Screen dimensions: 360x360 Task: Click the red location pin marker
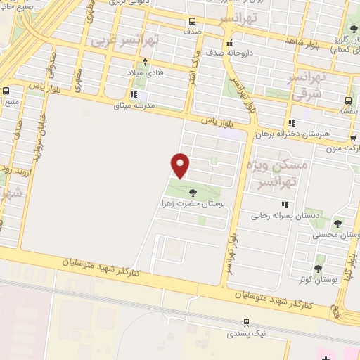[x=181, y=165]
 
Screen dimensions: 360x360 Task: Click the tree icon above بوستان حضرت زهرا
[x=193, y=192]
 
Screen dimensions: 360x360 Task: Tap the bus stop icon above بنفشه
[x=349, y=99]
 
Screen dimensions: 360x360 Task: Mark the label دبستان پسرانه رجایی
[x=288, y=217]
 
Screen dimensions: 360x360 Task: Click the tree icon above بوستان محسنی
[x=337, y=224]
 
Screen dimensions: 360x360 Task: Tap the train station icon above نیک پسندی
[x=246, y=323]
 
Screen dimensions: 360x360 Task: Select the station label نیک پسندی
[x=247, y=334]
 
